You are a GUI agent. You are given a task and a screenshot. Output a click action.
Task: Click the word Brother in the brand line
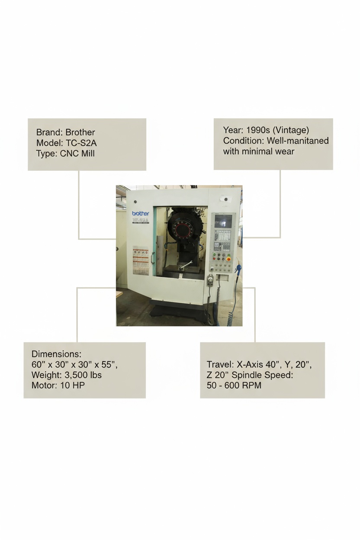[x=80, y=132]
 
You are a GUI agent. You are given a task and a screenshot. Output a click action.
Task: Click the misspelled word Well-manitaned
[x=298, y=141]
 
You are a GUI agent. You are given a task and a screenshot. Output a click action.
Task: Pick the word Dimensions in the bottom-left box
[x=56, y=354]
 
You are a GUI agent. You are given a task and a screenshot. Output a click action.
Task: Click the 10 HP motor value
[x=71, y=385]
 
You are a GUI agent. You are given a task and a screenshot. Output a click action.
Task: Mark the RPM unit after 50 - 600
[x=252, y=385]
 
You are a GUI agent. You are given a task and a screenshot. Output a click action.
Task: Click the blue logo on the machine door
[x=140, y=213]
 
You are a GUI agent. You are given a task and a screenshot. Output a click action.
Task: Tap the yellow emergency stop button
[x=228, y=259]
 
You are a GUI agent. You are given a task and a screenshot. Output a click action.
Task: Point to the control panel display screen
[x=223, y=221]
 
